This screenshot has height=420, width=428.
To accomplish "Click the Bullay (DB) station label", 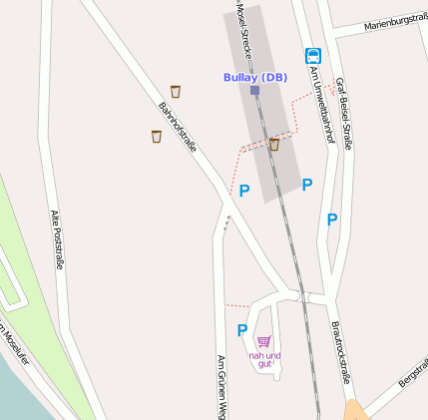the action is [x=254, y=77].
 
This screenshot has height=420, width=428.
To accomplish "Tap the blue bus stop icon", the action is [x=312, y=57].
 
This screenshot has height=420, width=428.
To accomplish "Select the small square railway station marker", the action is [x=255, y=90].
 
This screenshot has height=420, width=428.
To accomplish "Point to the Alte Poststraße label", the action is [x=57, y=239].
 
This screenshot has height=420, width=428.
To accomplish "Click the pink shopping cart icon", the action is [x=263, y=341].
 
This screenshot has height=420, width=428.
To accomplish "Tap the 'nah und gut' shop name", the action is [x=264, y=359].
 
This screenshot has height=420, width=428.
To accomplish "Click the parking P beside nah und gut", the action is [x=241, y=330].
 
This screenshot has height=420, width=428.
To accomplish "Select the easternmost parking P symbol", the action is [x=332, y=218].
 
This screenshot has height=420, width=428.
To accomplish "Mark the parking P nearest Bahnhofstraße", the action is [x=243, y=190].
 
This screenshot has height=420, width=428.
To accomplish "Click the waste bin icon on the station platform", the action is [x=273, y=145].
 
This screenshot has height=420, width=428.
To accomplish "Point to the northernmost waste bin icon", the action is [x=176, y=92].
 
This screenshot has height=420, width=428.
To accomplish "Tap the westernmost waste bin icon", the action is [x=157, y=136].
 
